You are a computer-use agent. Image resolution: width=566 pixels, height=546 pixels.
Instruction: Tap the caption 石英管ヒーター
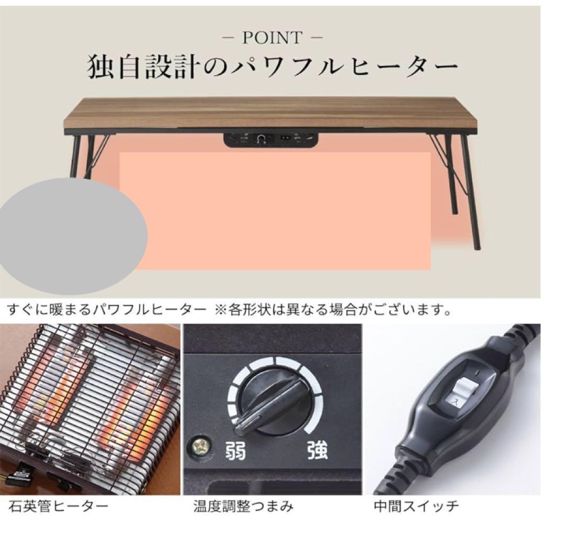click(x=58, y=507)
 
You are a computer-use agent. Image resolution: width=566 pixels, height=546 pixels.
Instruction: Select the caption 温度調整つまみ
click(x=243, y=507)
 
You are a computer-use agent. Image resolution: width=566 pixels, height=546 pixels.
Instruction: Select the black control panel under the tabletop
click(x=271, y=139)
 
